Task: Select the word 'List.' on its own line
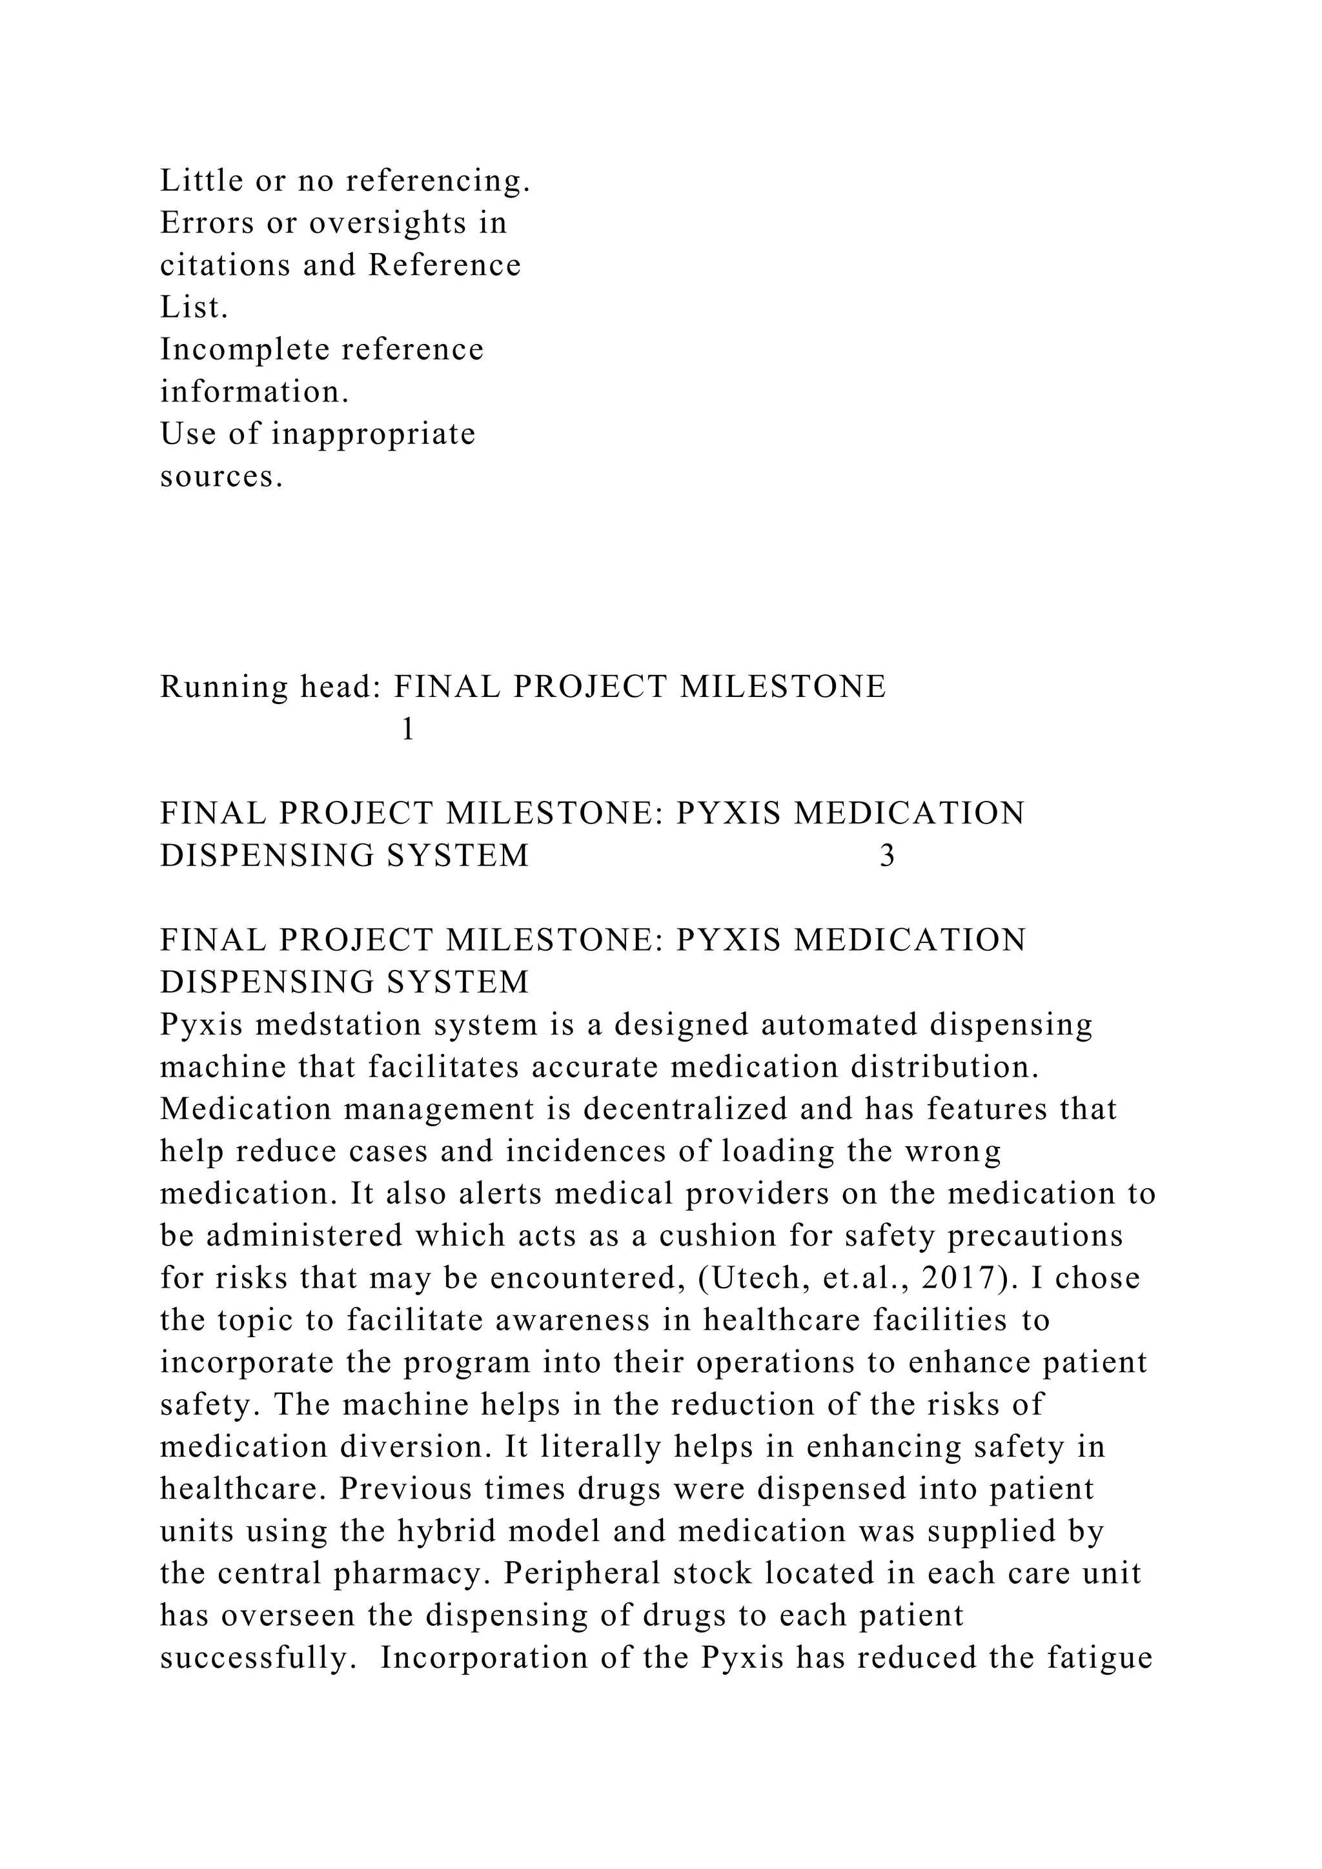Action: (194, 308)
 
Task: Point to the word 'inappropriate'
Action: (373, 434)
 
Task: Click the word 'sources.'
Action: (221, 476)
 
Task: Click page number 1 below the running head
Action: (408, 729)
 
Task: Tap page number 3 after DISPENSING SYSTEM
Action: (888, 856)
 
